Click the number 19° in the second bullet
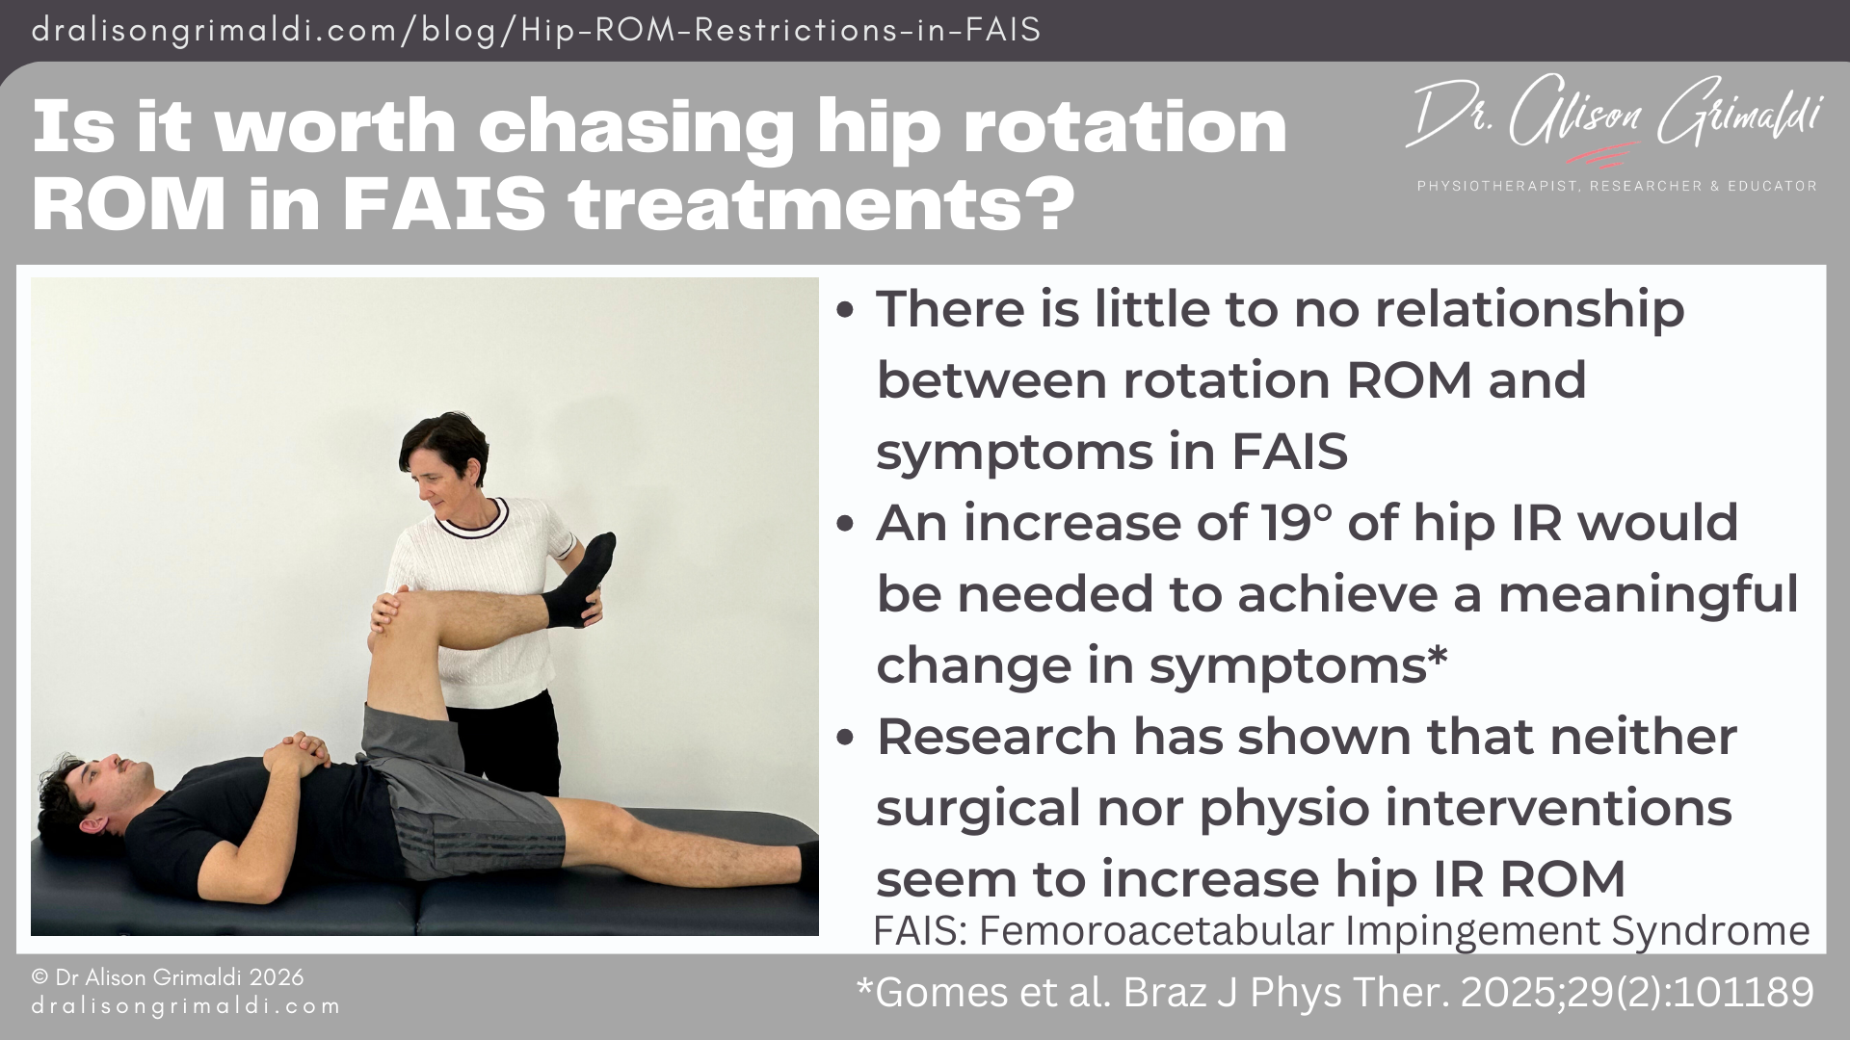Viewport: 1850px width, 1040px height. pyautogui.click(x=1297, y=524)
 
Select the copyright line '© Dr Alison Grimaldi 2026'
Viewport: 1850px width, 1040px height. pyautogui.click(x=168, y=977)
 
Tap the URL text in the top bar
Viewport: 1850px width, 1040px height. pyautogui.click(x=536, y=30)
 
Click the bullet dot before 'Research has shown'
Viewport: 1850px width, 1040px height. pyautogui.click(x=846, y=738)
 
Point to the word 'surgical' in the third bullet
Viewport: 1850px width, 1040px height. pyautogui.click(x=978, y=808)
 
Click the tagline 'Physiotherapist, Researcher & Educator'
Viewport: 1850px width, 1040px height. pyautogui.click(x=1617, y=186)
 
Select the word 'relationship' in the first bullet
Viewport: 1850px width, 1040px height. pyautogui.click(x=1529, y=310)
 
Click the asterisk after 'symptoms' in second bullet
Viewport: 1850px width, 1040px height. pyautogui.click(x=1437, y=659)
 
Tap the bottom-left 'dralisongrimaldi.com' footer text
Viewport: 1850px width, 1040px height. pyautogui.click(x=186, y=1006)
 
